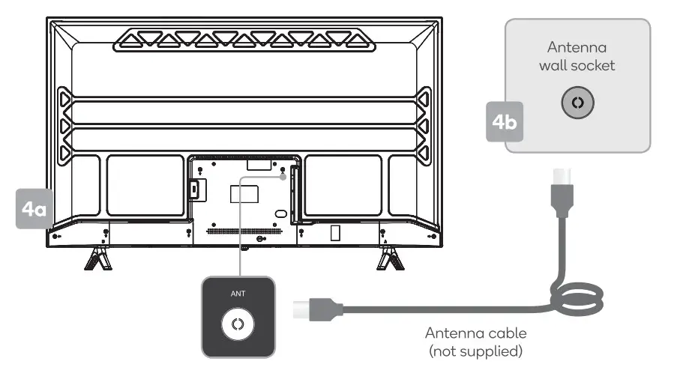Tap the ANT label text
pos(238,294)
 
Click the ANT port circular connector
pos(238,324)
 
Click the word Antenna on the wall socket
pos(577,46)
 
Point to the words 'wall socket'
pos(577,65)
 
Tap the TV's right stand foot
pos(390,259)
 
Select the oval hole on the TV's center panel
pos(280,213)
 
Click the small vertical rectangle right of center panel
pos(335,232)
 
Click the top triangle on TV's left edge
pos(64,97)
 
